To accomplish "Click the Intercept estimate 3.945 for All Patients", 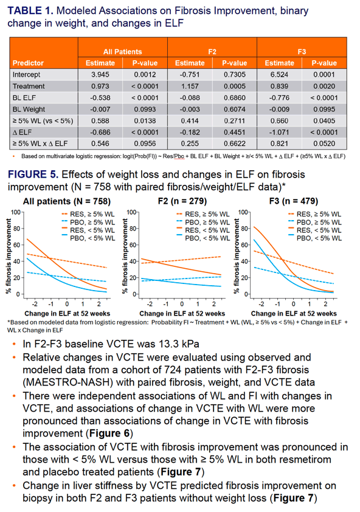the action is point(100,75).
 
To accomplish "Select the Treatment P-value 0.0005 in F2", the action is point(235,86).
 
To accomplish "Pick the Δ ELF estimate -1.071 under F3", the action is point(279,132).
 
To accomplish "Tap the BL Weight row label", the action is point(29,109).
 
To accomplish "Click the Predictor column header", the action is point(28,63).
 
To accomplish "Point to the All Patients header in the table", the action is point(122,52).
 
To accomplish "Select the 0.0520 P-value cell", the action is point(324,144).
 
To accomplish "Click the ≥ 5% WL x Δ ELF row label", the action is point(40,144).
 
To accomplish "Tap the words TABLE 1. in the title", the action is point(30,11).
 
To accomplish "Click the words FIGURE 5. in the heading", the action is point(33,175).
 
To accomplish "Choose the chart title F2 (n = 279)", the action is point(182,201).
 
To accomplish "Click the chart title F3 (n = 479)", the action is point(294,201).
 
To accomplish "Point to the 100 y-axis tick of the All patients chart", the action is point(15,212).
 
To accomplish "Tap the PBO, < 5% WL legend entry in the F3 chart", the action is point(315,238).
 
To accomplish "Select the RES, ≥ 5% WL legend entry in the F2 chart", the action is point(203,214).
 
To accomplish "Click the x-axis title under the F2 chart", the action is point(182,314).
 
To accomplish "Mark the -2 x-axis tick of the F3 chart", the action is point(261,304).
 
